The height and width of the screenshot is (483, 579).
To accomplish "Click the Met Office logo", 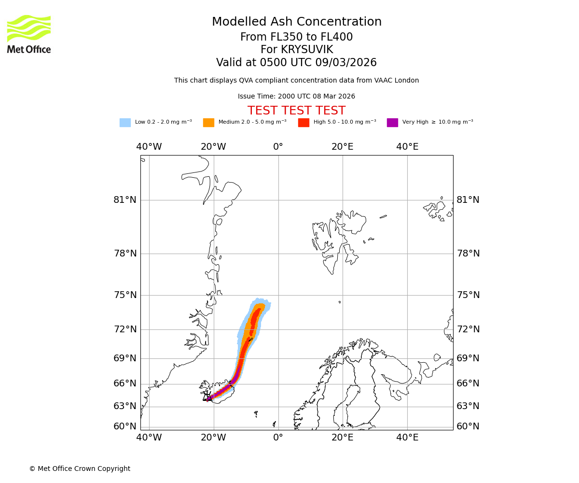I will tap(29, 34).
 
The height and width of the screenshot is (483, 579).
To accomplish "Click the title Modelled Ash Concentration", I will tap(297, 22).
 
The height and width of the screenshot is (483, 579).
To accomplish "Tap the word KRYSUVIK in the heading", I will tap(307, 50).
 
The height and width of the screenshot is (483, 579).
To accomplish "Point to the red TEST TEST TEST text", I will tap(296, 111).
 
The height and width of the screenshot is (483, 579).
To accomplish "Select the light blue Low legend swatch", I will tap(125, 123).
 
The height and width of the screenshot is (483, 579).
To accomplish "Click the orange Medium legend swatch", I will tap(208, 123).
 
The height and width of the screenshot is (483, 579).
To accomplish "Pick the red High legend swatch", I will tap(303, 123).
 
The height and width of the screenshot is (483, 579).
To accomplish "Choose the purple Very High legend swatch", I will tap(392, 123).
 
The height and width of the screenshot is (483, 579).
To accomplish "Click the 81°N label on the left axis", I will tap(125, 200).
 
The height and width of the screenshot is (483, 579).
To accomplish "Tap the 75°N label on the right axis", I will tap(468, 295).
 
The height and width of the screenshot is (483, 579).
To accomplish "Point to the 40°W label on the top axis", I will tap(149, 147).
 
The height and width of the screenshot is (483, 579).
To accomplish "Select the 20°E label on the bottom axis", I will tap(343, 438).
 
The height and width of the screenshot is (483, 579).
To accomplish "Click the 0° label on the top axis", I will tap(278, 147).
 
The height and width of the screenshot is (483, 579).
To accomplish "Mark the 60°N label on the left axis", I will tap(125, 426).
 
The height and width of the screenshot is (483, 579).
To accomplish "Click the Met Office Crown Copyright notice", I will tap(80, 469).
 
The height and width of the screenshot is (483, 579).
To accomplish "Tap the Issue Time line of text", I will tap(296, 97).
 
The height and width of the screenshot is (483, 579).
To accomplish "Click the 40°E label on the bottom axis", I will tap(407, 438).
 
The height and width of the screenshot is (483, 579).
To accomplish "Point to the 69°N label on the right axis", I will tap(468, 358).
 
